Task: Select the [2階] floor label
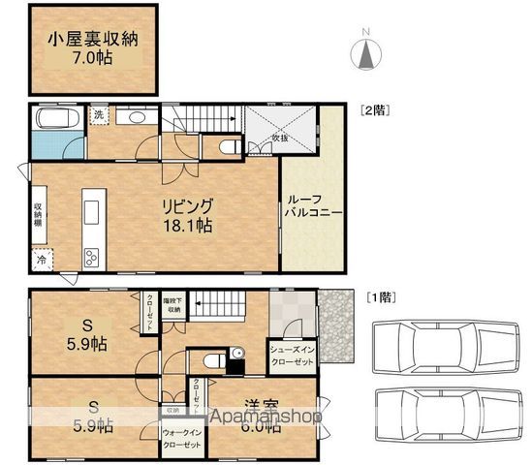[374, 109]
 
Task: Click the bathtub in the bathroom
[48, 122]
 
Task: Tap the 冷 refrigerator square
[42, 260]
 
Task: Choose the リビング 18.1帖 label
[186, 214]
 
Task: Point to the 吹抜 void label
[280, 138]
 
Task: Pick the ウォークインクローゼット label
[182, 438]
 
